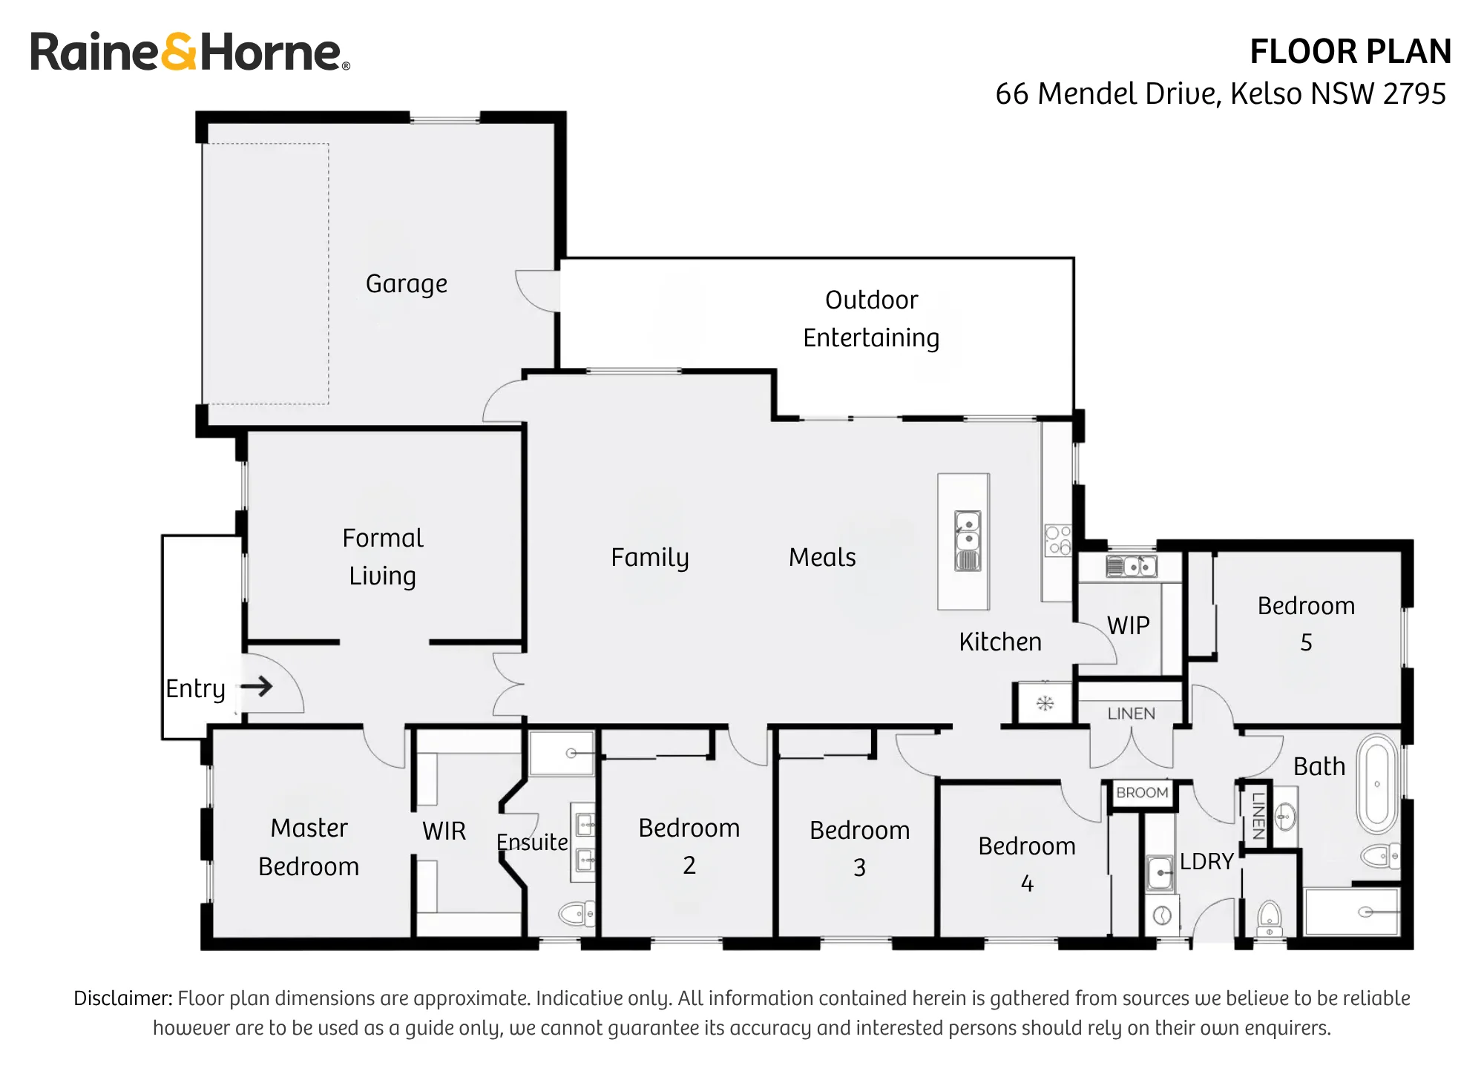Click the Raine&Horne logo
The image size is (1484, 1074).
[190, 52]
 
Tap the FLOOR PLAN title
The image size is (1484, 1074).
[1350, 52]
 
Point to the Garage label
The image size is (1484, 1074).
[407, 284]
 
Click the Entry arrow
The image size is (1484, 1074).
[257, 686]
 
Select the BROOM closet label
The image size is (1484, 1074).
[1142, 793]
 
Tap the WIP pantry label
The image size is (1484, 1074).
[1129, 626]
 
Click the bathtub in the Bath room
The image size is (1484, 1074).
[1377, 784]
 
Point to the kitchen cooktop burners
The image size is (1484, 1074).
[1058, 540]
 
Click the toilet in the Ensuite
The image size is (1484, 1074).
[577, 913]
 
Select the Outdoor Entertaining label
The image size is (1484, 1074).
[871, 319]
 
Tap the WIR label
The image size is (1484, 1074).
[444, 831]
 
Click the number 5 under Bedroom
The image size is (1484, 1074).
[1307, 642]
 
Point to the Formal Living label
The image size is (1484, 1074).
[383, 557]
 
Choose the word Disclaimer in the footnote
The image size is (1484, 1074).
[123, 998]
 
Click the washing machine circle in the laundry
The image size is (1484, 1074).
[1161, 916]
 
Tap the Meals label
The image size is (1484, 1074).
[822, 557]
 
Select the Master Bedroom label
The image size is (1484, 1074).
[309, 847]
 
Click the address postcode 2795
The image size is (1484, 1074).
[1415, 94]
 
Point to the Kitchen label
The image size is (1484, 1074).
[1000, 642]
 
